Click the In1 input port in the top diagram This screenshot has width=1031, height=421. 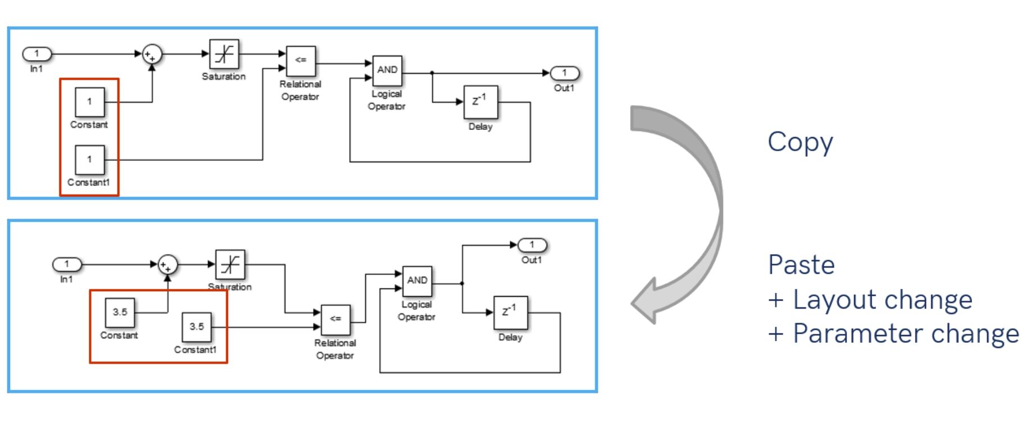coord(37,54)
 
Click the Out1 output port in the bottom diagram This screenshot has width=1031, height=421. coord(532,245)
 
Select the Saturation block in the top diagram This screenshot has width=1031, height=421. coord(224,54)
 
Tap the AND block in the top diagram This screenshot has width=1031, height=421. coord(387,70)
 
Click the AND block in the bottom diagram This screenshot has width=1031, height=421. coord(417,280)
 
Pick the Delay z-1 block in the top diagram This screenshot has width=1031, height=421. coord(480,102)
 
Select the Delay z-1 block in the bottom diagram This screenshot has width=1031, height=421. coord(510,313)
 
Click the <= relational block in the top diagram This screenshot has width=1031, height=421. coord(301,61)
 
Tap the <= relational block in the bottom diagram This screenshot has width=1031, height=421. coord(335,319)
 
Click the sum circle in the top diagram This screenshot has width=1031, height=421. coord(152,55)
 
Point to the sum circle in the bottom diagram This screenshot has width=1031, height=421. coord(167,265)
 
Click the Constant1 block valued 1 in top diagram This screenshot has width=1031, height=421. coord(90,160)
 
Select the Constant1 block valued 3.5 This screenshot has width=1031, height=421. coord(197,327)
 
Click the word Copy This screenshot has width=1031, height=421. coord(800,143)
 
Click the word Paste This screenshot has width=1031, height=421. coord(801,265)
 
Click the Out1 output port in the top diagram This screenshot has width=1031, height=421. coord(564,73)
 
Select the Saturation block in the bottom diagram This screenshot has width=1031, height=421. coord(230,264)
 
